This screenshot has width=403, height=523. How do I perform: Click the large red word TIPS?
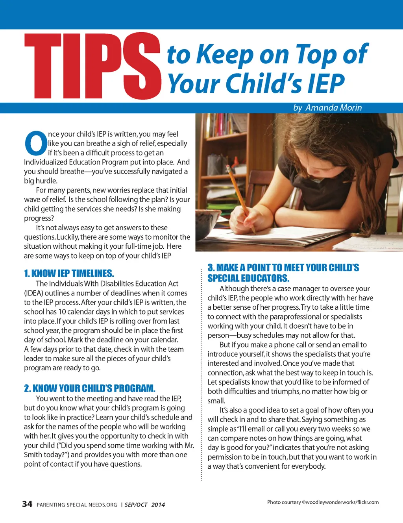pos(92,66)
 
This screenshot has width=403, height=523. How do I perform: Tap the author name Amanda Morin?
pos(333,108)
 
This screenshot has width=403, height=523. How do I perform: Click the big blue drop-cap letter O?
pos(36,143)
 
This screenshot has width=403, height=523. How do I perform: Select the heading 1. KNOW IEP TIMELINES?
pos(69,274)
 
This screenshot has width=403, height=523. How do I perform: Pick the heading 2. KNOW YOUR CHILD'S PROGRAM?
pos(90,388)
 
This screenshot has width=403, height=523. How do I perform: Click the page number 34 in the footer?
pos(27,504)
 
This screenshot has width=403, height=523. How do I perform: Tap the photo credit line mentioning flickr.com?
pos(323,502)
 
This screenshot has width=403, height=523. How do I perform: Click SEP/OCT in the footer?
pos(136,505)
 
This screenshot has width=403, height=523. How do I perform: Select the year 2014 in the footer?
pos(158,505)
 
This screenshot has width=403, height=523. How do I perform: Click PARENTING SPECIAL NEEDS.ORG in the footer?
pos(77,505)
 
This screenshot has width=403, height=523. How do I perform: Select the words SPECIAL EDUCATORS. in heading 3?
pos(248,278)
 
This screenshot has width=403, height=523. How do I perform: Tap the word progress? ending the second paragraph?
pos(39,218)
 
